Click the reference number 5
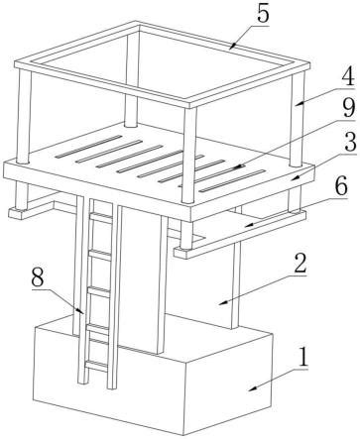click(263, 14)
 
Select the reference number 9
click(349, 108)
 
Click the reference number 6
click(341, 186)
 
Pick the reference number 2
click(300, 264)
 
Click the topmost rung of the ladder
click(101, 216)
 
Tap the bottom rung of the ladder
click(96, 365)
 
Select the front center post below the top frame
click(188, 156)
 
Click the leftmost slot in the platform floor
click(88, 147)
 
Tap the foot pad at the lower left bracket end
click(17, 213)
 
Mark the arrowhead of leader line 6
click(249, 225)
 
